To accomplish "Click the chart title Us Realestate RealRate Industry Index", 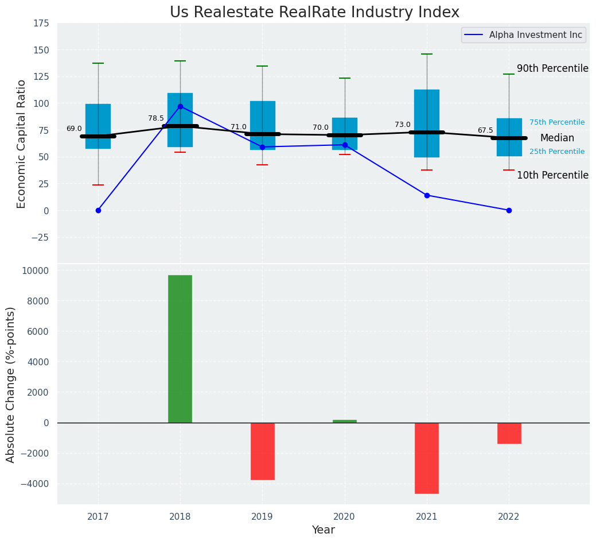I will tap(314, 13).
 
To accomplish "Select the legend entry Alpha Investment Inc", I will tap(535, 35).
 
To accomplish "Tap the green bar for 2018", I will tap(180, 349).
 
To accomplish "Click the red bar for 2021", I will tap(427, 458).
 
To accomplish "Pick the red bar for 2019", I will tap(262, 451).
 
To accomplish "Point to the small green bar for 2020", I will tap(345, 421).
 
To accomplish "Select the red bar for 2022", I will tap(509, 433).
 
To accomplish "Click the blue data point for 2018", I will tap(180, 106).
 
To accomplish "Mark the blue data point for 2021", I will tap(427, 195).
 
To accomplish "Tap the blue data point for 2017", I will tap(98, 210).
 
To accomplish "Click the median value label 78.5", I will tap(156, 119).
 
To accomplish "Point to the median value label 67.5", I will tap(485, 131).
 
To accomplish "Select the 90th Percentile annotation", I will tap(552, 69).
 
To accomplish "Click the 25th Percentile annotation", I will tap(557, 152).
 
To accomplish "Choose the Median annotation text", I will tap(557, 138).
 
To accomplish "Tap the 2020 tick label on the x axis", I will tap(344, 517).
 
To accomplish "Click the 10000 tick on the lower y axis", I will tap(36, 270).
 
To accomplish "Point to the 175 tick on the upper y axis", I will tap(41, 24).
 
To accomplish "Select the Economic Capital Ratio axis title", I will tap(22, 144).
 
